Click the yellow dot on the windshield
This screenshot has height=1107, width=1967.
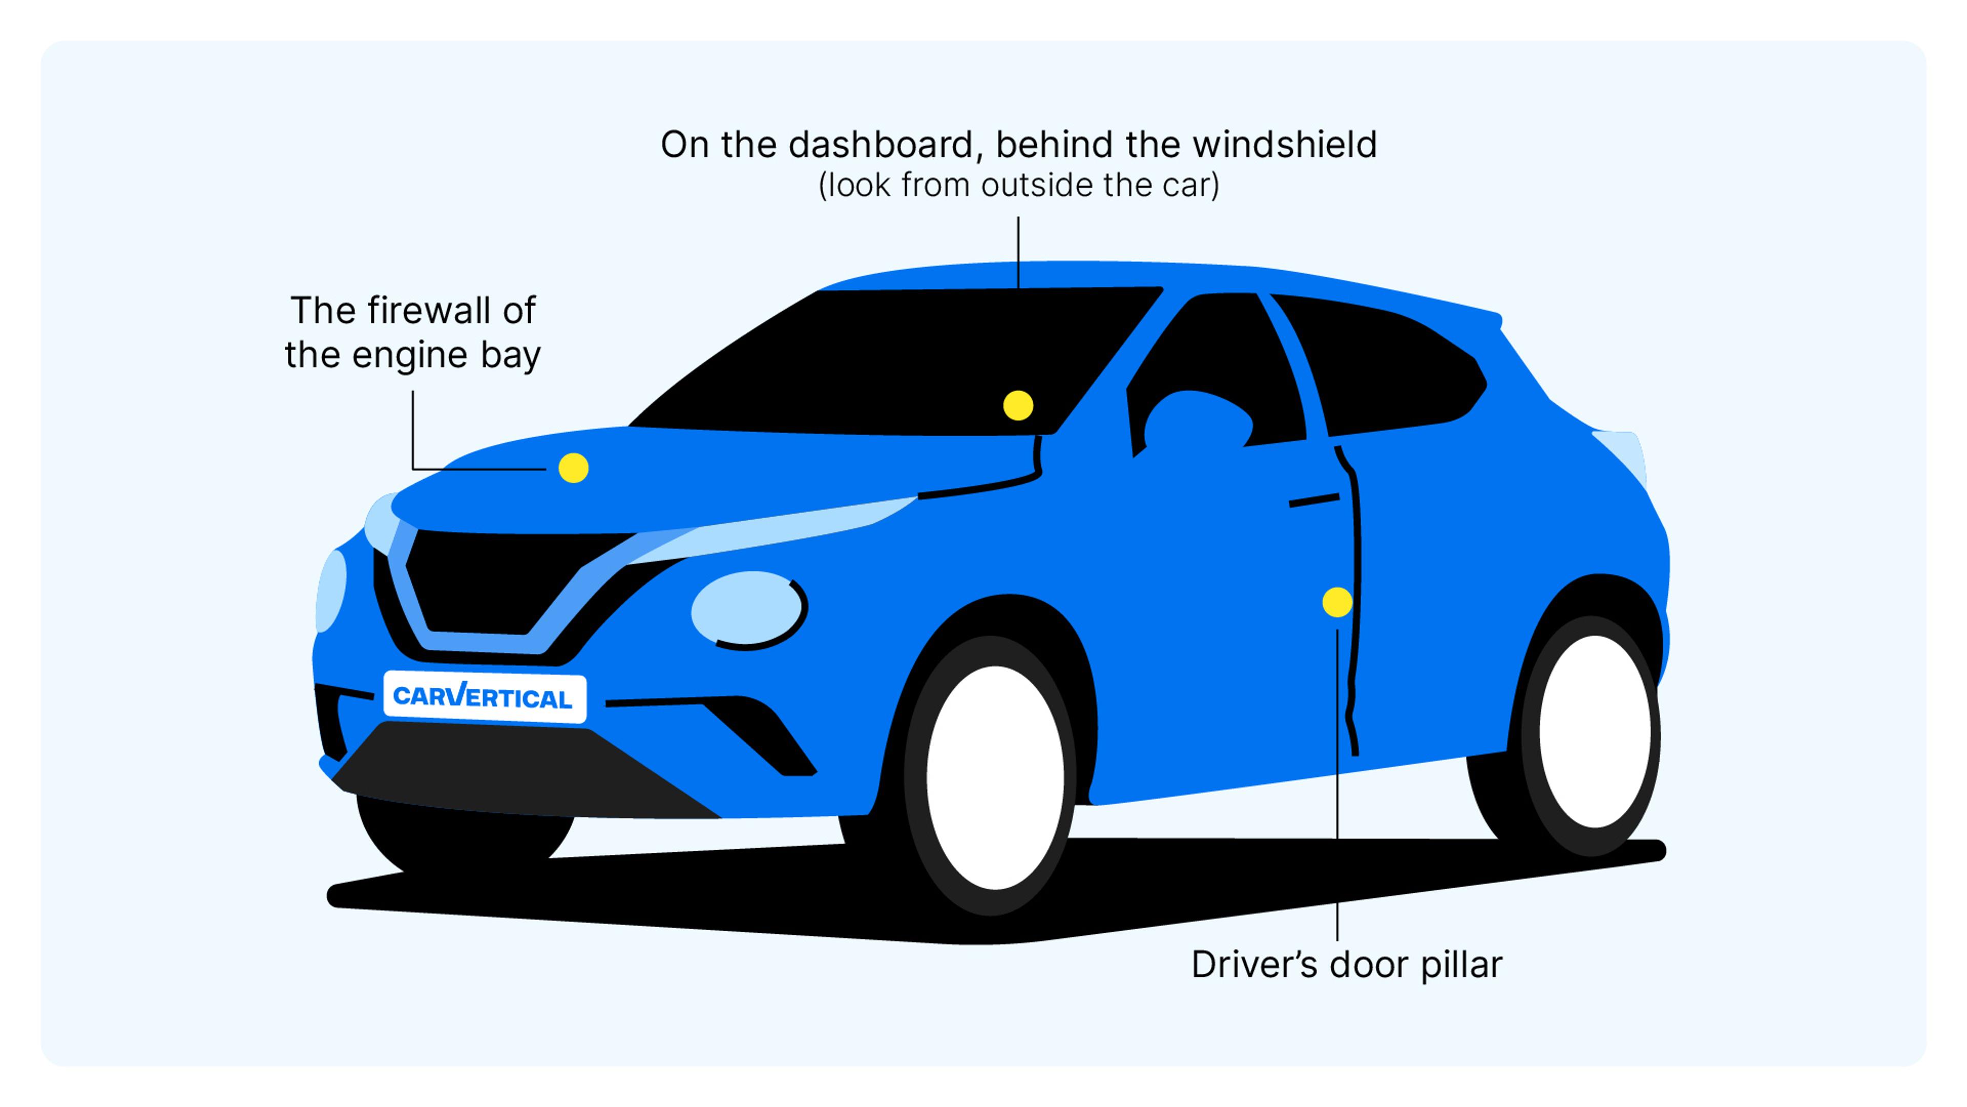[x=1018, y=406]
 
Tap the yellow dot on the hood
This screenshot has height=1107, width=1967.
[x=574, y=467]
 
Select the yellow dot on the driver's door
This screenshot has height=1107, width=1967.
[x=1337, y=602]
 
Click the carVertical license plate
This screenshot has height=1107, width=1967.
[x=484, y=697]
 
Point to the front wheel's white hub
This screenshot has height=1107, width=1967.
[x=995, y=777]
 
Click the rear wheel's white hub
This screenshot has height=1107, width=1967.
[x=1595, y=732]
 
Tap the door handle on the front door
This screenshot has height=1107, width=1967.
[x=1313, y=500]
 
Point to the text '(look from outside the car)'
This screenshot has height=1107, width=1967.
[x=1019, y=186]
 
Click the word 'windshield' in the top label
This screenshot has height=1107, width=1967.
[x=1290, y=145]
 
